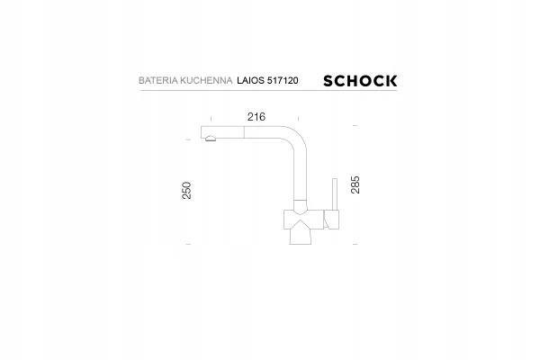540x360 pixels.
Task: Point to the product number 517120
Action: tap(283, 81)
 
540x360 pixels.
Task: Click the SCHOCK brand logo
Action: tap(360, 81)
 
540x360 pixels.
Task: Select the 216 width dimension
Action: tap(256, 117)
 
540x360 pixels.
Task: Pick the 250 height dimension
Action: tap(186, 190)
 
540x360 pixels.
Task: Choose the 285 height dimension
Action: tap(355, 184)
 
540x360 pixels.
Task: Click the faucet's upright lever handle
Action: tap(335, 194)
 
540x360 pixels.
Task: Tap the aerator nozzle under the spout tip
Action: tap(210, 139)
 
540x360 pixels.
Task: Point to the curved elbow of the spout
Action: tap(296, 137)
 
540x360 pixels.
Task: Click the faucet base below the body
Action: tap(301, 237)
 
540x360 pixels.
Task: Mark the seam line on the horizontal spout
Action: tap(244, 132)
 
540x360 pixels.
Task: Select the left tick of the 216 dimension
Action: tap(211, 118)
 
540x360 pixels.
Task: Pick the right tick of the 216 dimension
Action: tap(298, 118)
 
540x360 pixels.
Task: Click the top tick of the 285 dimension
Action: tap(355, 126)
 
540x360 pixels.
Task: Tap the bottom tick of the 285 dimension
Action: tap(355, 244)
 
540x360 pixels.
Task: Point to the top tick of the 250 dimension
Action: tap(188, 139)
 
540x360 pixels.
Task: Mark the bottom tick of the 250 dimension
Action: tap(188, 244)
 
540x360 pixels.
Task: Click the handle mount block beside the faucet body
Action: tap(331, 220)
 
